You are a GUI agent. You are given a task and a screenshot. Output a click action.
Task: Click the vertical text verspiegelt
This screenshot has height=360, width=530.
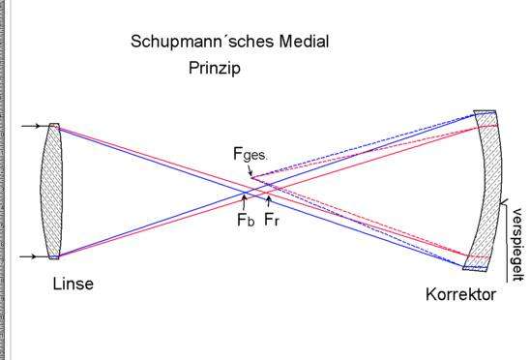[x=516, y=238]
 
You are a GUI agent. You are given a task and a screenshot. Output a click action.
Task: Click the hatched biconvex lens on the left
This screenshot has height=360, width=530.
[x=52, y=191]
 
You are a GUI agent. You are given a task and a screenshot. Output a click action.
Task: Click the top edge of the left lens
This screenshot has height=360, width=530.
[x=54, y=125]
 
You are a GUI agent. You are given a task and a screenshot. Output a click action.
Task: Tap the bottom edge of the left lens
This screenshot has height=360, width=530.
[x=54, y=257]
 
